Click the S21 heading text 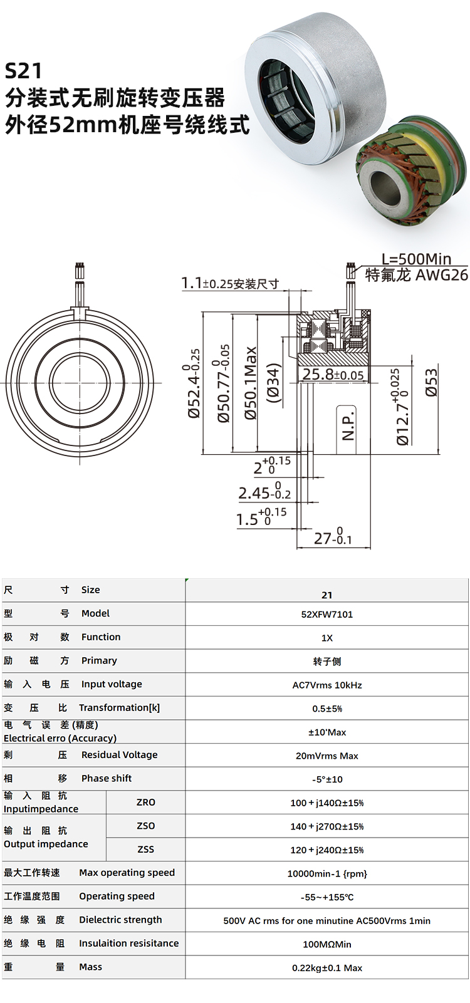click(23, 70)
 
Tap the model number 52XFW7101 click(326, 614)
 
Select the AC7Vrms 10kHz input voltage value click(326, 685)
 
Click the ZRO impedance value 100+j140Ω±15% click(326, 803)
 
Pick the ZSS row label click(145, 849)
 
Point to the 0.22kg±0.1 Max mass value click(326, 967)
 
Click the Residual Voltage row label click(119, 754)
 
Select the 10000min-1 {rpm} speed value click(326, 873)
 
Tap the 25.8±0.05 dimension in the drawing click(332, 375)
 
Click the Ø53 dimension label click(431, 382)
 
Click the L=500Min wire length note click(416, 258)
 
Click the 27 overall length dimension click(333, 538)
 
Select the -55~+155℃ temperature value click(326, 896)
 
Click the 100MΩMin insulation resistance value click(326, 943)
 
